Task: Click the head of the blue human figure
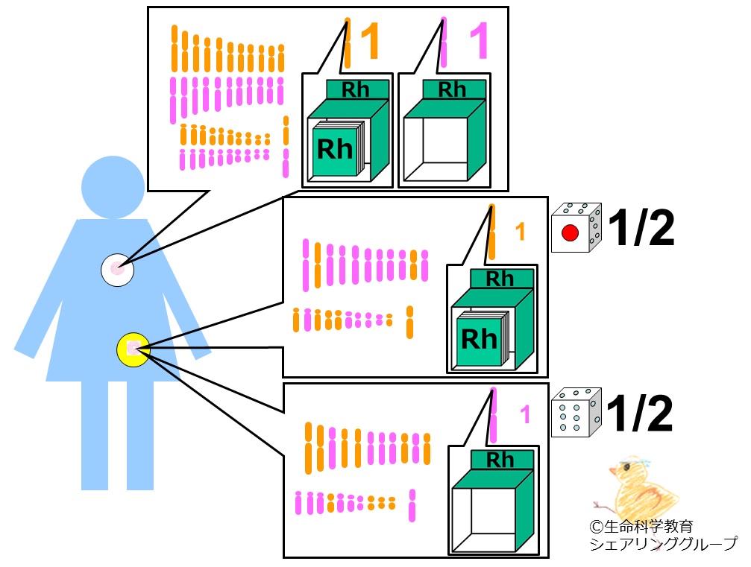point(113,187)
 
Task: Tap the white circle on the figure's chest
point(117,270)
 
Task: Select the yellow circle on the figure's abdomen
point(133,349)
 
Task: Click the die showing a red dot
point(576,227)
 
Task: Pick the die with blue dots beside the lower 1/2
point(576,413)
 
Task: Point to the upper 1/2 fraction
point(641,228)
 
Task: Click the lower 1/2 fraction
point(639,414)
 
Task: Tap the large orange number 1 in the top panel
point(370,41)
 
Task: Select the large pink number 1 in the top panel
point(479,41)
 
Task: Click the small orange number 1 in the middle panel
point(520,232)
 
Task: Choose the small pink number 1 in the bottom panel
point(525,414)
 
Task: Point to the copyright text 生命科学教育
point(641,527)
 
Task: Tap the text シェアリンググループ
point(663,544)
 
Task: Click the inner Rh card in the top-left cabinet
point(336,149)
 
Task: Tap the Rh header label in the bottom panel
point(501,460)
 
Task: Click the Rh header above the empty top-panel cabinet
point(453,89)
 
